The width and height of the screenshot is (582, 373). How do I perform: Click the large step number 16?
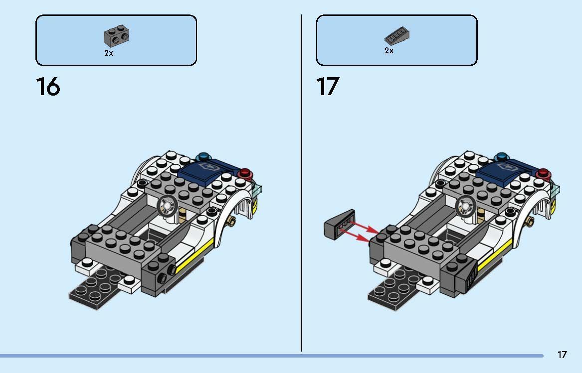[x=48, y=87]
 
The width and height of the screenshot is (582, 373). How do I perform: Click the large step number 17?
[x=328, y=87]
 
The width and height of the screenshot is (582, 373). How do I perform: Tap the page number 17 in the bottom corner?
[x=562, y=355]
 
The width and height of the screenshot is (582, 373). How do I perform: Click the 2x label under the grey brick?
[x=109, y=53]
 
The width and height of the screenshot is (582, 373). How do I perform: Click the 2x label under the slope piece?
[x=389, y=50]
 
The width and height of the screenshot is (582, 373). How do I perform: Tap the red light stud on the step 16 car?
[x=245, y=173]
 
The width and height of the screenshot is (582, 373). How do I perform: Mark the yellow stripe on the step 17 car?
[x=494, y=255]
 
